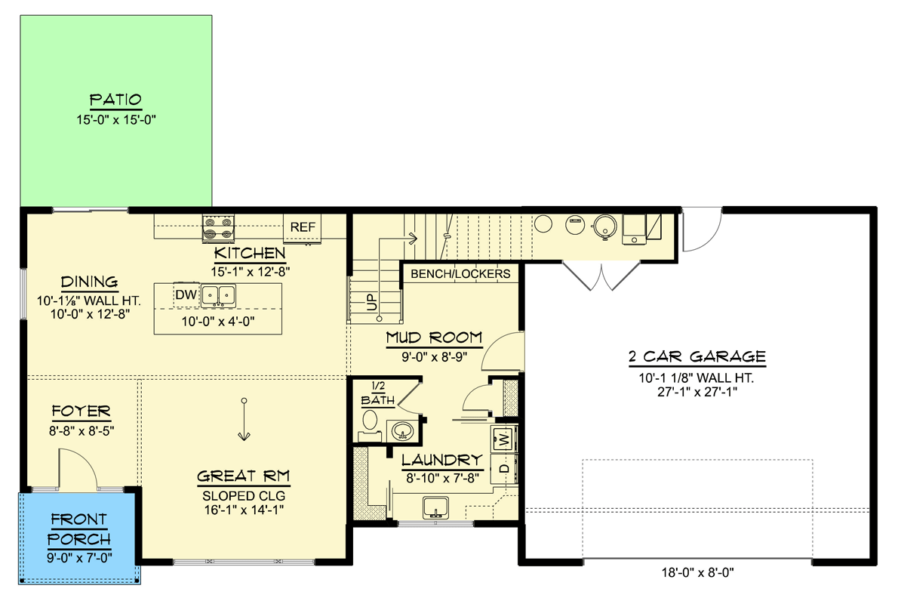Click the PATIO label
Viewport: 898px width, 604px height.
[x=115, y=100]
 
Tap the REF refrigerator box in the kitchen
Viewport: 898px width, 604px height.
[x=303, y=226]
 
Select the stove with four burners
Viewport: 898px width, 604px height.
[x=217, y=228]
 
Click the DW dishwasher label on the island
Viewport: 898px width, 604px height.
[x=186, y=295]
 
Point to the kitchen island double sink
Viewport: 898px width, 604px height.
[x=218, y=295]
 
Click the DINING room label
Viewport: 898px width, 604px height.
[x=90, y=282]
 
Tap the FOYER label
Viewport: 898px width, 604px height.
[x=81, y=411]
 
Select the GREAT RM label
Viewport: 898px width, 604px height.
[x=244, y=476]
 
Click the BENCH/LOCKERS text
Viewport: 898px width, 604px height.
[x=460, y=274]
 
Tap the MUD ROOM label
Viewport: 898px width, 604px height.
[x=434, y=337]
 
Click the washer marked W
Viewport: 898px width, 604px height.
[x=503, y=437]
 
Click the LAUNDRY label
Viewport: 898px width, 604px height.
[x=441, y=460]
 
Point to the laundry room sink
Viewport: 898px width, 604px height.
[x=435, y=507]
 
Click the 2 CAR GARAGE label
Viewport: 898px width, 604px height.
[x=697, y=356]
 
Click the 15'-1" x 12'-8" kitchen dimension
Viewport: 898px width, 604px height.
[x=250, y=269]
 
